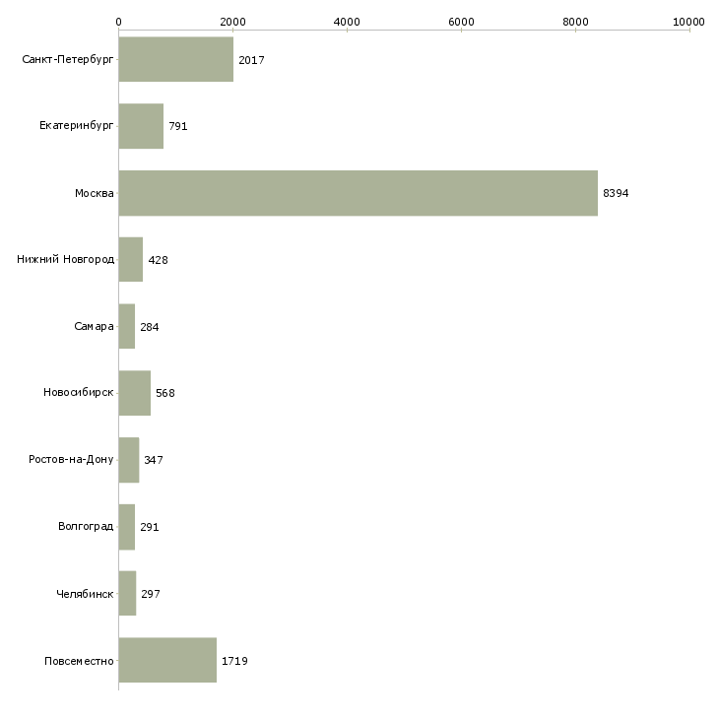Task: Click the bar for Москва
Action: click(358, 193)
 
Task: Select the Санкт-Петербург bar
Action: click(175, 60)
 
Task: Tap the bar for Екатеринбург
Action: click(141, 126)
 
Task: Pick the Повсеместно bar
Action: click(167, 660)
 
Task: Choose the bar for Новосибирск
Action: click(134, 393)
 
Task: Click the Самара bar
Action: click(126, 326)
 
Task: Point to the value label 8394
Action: click(616, 193)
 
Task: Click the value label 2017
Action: click(251, 60)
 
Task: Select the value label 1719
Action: click(234, 661)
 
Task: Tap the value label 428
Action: click(158, 260)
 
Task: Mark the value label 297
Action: click(150, 594)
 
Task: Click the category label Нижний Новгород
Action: click(65, 260)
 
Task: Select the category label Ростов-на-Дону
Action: click(71, 460)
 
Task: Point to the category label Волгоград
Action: click(86, 527)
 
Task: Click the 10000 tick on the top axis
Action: click(689, 21)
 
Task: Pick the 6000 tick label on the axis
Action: click(461, 21)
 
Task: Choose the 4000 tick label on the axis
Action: click(347, 21)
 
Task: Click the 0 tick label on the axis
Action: click(118, 21)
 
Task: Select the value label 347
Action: click(154, 460)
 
